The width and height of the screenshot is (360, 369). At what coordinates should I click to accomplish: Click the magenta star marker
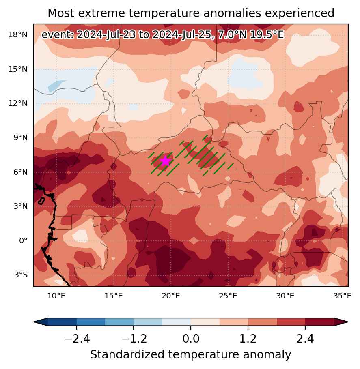tap(166, 161)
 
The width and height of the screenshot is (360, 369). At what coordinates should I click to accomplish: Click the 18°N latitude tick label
tap(18, 35)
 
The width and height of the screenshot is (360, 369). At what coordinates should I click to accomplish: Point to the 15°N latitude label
tap(18, 69)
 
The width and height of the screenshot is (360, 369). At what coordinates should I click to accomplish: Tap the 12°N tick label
tap(18, 103)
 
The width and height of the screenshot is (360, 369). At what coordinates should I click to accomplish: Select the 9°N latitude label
tap(21, 138)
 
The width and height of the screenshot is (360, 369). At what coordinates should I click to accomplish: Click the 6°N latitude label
tap(21, 172)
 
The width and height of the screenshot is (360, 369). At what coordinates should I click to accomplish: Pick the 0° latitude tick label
tap(23, 241)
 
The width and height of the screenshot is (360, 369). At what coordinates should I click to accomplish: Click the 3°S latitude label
tap(21, 275)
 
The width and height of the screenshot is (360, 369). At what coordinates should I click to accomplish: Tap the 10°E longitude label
tap(56, 296)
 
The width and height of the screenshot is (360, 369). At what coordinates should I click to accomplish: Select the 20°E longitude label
tap(171, 296)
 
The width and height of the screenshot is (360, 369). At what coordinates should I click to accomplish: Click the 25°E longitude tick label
tap(228, 296)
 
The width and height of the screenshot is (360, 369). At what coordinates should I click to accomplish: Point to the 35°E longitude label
tap(343, 296)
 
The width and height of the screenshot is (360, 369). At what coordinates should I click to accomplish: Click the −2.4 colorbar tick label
tap(77, 339)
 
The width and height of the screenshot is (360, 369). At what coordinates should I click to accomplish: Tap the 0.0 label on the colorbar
tap(191, 339)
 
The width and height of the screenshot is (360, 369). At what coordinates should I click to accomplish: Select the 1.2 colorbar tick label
tap(248, 339)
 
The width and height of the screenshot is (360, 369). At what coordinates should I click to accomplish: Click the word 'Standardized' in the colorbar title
tap(127, 355)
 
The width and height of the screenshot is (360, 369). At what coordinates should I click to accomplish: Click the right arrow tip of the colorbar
tap(348, 322)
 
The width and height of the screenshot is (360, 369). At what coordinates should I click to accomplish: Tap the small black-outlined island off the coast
tap(42, 201)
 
